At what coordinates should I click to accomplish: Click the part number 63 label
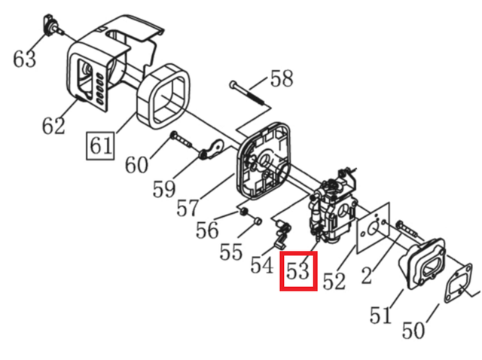[24, 59]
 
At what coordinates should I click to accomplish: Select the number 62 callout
[53, 126]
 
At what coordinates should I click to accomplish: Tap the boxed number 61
[100, 145]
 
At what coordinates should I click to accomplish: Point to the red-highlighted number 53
[298, 270]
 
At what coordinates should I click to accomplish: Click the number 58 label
[282, 78]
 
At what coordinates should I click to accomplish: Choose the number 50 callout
[413, 330]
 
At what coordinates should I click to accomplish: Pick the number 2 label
[367, 275]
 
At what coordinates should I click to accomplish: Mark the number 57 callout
[188, 208]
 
